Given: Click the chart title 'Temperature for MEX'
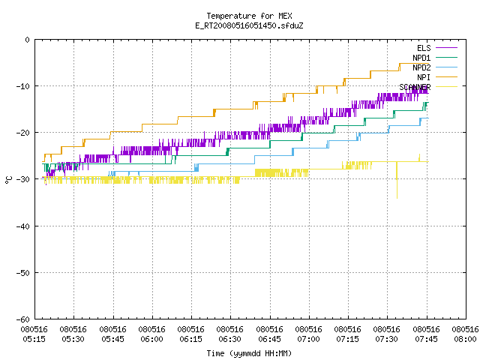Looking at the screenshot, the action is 249,16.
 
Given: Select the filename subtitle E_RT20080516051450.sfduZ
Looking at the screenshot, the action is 249,25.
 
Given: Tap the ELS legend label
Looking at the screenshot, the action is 424,48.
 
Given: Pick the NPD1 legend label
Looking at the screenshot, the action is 421,58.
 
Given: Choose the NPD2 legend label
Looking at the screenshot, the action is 421,67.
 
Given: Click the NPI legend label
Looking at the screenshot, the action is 424,77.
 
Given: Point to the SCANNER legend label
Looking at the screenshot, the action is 415,87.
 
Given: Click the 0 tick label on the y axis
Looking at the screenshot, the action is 28,40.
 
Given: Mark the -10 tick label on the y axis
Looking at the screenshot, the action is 23,86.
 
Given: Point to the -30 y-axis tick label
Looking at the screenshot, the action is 23,179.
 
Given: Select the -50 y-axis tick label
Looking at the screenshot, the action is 23,273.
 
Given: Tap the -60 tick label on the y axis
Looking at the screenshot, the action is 23,319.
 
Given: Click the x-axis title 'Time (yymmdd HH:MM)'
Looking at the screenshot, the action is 249,353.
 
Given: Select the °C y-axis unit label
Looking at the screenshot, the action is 8,180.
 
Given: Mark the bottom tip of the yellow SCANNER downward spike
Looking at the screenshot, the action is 397,198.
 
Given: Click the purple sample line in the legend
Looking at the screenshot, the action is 447,48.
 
